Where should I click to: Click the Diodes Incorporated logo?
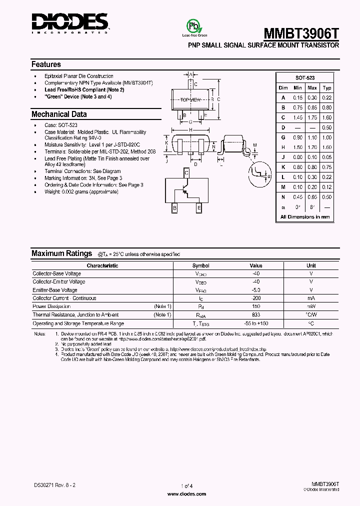[69, 22]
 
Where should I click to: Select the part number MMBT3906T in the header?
[301, 33]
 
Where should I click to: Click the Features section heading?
[46, 64]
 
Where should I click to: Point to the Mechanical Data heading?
[59, 114]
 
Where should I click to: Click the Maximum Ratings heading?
[61, 253]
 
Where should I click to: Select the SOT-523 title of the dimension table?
[305, 78]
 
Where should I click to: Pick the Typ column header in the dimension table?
[327, 88]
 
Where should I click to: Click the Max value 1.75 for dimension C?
[312, 117]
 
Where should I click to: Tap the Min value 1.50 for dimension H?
[298, 147]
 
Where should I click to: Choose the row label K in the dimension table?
[283, 167]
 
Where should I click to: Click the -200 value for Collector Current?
[255, 298]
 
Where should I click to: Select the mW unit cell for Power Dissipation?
[311, 306]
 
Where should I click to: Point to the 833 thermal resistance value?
[255, 314]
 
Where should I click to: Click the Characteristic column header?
[102, 265]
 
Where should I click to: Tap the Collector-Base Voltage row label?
[56, 273]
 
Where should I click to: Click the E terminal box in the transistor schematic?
[199, 208]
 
